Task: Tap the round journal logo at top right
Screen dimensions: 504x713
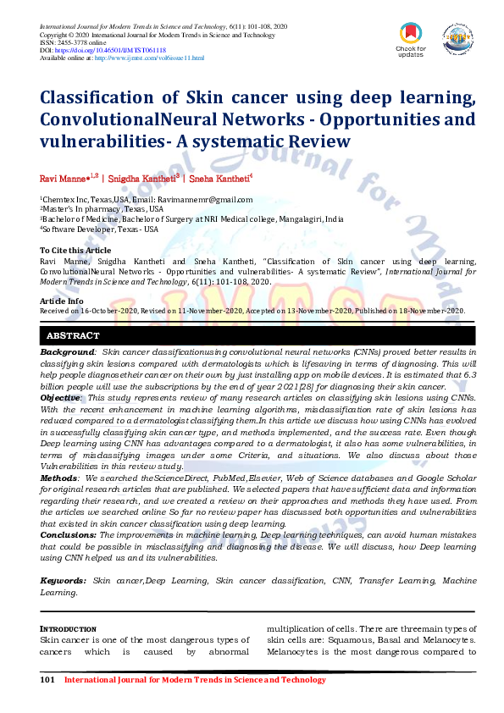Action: pos(457,37)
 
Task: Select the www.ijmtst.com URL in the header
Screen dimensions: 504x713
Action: pos(149,58)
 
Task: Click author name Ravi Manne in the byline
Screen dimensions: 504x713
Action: pos(65,179)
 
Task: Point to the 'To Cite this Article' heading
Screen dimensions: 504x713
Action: pos(75,251)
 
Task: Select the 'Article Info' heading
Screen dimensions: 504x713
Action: pos(62,301)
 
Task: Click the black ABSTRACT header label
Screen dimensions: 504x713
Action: pos(73,336)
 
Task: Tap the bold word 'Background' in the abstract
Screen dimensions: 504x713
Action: pos(68,351)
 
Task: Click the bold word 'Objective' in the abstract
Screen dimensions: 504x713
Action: pos(61,397)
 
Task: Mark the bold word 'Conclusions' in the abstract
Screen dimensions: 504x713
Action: pos(68,535)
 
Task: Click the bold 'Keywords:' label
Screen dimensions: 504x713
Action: pos(64,580)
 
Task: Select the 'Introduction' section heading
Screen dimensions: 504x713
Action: pos(69,629)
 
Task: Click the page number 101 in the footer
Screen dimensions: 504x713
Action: pos(48,680)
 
